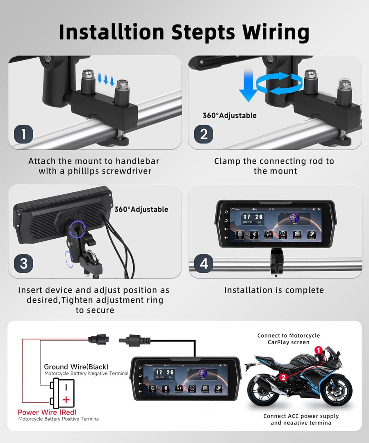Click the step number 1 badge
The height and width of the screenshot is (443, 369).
[x=24, y=134]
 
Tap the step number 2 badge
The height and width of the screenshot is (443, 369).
[x=204, y=134]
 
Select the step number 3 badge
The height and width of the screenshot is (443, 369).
[x=24, y=263]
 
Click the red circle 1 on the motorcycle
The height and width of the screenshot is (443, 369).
[x=318, y=350]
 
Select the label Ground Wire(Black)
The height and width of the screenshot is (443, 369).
[x=76, y=367]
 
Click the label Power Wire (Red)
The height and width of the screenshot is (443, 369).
[x=47, y=412]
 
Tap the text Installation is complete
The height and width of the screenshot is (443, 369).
[x=274, y=290]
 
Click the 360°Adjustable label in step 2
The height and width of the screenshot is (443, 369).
[x=229, y=115]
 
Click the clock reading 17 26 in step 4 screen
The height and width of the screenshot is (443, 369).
[x=253, y=217]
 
